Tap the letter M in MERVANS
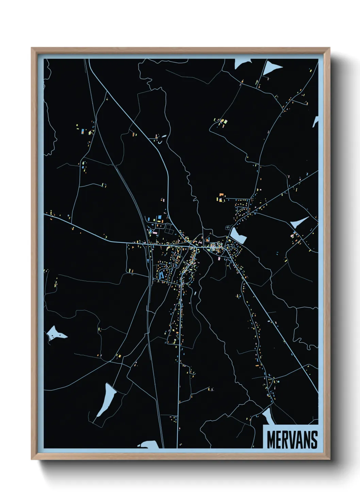coord(271,440)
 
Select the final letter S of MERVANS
coord(314,440)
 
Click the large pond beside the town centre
coord(238,235)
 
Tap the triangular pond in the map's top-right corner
coord(273,67)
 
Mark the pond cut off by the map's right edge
coord(316,121)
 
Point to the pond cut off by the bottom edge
coord(148,444)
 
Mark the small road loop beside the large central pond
coord(227,227)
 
